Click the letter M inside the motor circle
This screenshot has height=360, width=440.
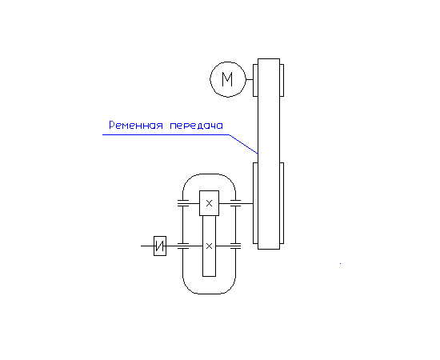227,79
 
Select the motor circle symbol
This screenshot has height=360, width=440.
210,79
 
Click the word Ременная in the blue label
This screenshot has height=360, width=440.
136,125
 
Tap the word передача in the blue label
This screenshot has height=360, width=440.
197,125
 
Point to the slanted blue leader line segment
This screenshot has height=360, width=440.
243,144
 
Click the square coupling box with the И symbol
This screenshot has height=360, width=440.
160,246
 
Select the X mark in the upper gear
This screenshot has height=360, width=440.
209,203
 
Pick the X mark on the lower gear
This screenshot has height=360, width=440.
209,246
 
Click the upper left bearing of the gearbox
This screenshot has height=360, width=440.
183,203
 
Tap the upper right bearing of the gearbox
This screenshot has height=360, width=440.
235,203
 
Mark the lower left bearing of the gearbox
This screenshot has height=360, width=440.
183,246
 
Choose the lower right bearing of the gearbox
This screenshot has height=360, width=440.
235,246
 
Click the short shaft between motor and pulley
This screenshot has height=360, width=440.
250,79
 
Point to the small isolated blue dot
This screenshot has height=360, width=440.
340,263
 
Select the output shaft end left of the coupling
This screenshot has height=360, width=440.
147,246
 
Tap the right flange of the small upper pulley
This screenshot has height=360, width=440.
282,80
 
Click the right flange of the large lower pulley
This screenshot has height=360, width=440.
282,203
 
